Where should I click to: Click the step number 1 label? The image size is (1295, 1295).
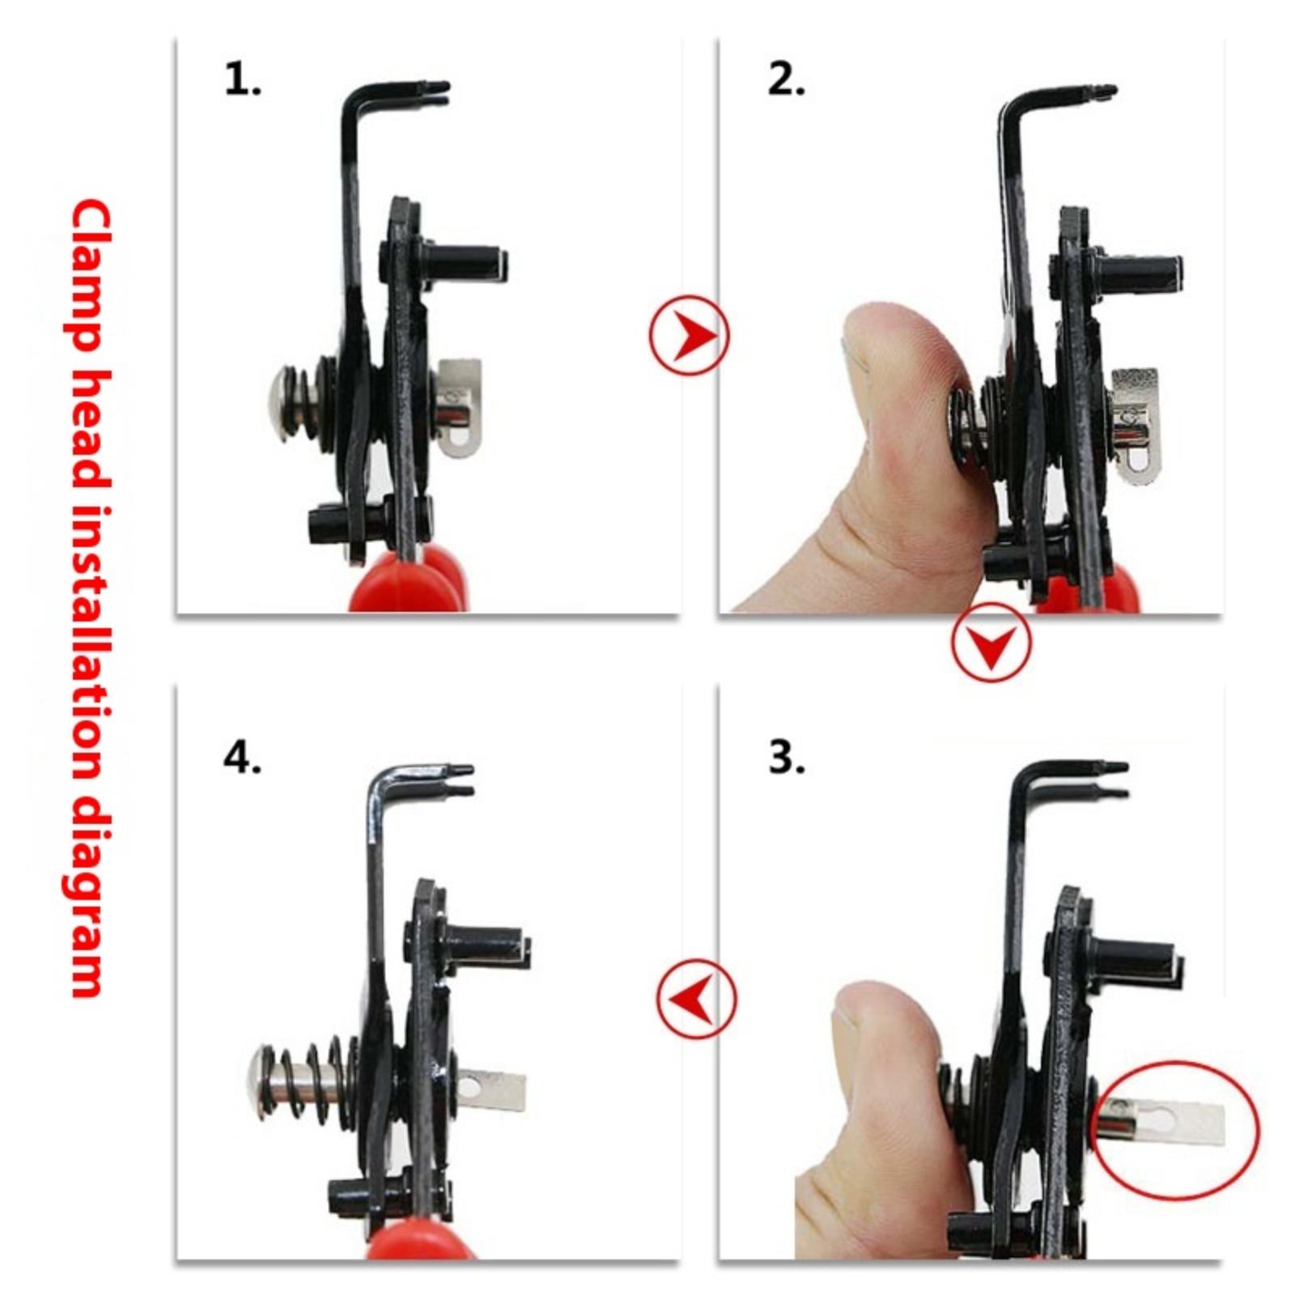click(241, 80)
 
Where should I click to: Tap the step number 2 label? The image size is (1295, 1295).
click(786, 80)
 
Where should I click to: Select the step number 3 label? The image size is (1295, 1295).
click(786, 758)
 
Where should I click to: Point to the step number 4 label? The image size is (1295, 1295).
click(241, 758)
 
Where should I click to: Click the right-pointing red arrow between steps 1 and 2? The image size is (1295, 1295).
click(690, 334)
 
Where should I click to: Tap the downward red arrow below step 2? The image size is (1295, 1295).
click(991, 643)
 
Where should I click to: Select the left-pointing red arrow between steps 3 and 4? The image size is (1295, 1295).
click(696, 998)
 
